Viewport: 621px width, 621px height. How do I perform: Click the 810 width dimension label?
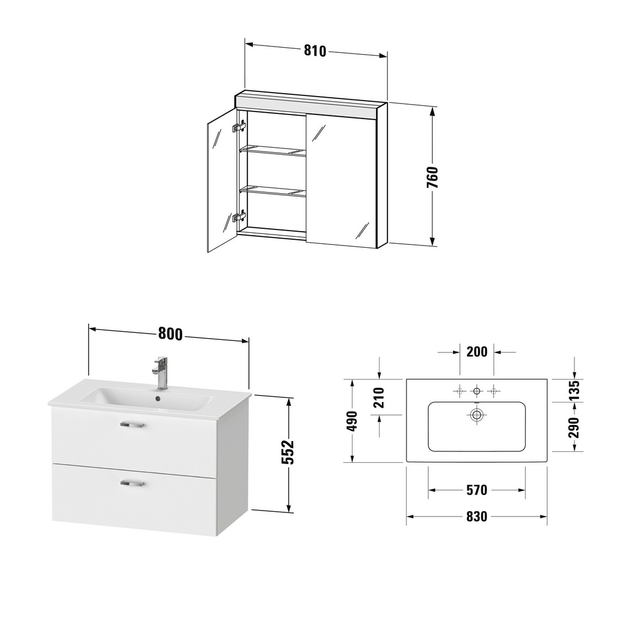315,51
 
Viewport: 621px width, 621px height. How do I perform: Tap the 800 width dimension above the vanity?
170,334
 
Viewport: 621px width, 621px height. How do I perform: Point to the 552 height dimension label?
289,453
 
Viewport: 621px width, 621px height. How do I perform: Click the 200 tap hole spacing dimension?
477,352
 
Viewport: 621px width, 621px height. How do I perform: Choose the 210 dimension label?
379,398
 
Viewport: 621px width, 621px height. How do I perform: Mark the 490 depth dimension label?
352,421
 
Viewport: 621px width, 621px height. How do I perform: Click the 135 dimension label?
574,390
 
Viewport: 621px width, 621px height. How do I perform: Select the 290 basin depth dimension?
574,427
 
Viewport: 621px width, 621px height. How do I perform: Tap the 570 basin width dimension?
477,490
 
